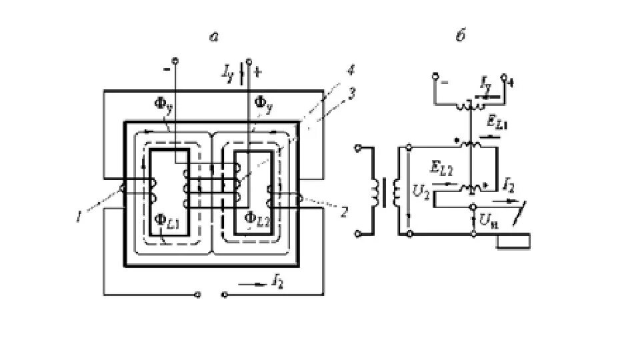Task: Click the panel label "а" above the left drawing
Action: click(214, 37)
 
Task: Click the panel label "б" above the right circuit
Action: click(460, 37)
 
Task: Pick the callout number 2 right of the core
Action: click(344, 213)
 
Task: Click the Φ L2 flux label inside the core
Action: click(257, 217)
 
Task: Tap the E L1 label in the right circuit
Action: click(497, 123)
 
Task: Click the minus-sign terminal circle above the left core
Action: click(175, 59)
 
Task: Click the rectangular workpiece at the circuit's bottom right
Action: click(513, 240)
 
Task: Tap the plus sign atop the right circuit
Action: click(510, 85)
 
